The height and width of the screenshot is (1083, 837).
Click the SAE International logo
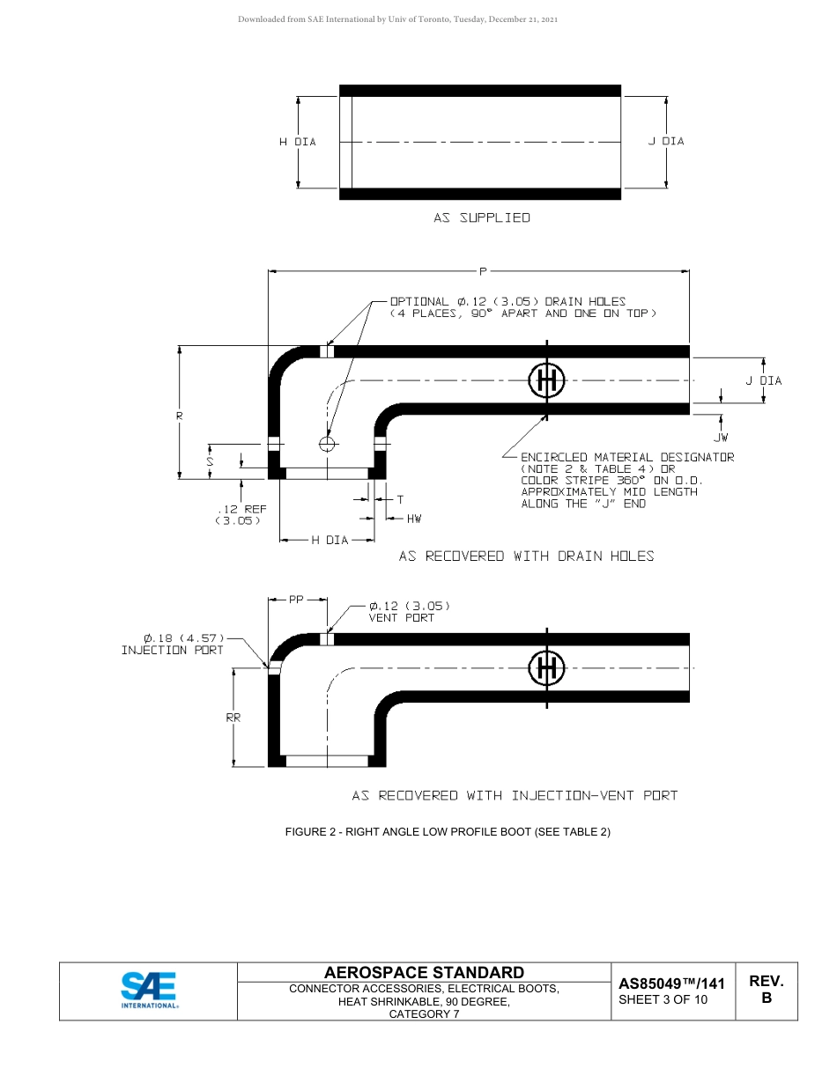point(149,990)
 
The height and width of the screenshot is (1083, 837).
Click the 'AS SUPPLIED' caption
point(481,217)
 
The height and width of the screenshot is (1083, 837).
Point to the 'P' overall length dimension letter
point(483,270)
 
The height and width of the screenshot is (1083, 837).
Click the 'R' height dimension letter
point(179,414)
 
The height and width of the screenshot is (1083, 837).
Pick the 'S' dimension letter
point(210,460)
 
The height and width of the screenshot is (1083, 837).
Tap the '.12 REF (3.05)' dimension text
point(240,514)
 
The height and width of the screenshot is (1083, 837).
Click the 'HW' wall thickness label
point(414,519)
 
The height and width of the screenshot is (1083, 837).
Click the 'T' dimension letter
point(400,499)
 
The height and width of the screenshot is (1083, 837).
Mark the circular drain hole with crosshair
point(328,444)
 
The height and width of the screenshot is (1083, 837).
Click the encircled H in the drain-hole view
point(546,380)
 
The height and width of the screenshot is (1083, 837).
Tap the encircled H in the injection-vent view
point(546,669)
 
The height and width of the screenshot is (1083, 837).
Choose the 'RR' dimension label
point(233,717)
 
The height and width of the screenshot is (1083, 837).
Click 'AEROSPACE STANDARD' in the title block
point(425,973)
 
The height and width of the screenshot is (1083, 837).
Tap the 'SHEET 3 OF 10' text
point(663,999)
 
